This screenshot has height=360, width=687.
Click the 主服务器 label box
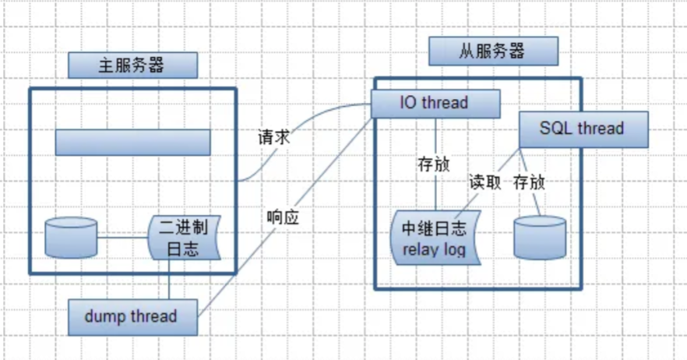132,65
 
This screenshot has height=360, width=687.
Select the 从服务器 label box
493,51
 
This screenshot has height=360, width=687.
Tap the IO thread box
434,103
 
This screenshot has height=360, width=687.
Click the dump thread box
131,316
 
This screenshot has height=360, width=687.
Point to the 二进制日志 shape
184,238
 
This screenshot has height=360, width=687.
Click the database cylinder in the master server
71,237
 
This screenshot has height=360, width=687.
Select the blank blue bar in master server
132,142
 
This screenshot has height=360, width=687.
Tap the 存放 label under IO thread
433,164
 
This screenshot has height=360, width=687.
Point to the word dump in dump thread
104,316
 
